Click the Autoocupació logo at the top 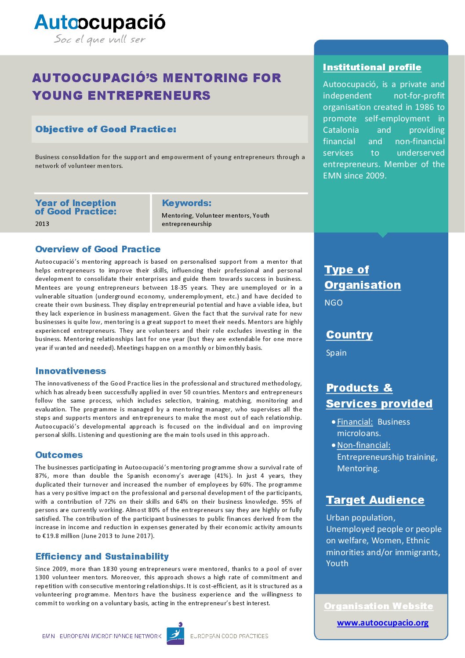(100, 22)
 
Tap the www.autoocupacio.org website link (382, 623)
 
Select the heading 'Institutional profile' (372, 67)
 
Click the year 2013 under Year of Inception (42, 224)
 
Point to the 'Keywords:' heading (186, 203)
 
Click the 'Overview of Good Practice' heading (98, 249)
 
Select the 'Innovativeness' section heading (70, 371)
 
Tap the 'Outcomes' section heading (59, 455)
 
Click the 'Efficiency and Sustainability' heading (102, 556)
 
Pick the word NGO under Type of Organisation (334, 303)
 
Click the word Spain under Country (336, 353)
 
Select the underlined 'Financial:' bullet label (355, 422)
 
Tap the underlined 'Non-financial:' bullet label (363, 445)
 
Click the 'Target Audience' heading (375, 500)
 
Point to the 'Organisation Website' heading (378, 606)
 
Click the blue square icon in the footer (175, 634)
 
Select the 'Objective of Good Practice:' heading (105, 129)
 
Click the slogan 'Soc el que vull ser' (99, 40)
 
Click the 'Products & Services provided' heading (379, 396)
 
